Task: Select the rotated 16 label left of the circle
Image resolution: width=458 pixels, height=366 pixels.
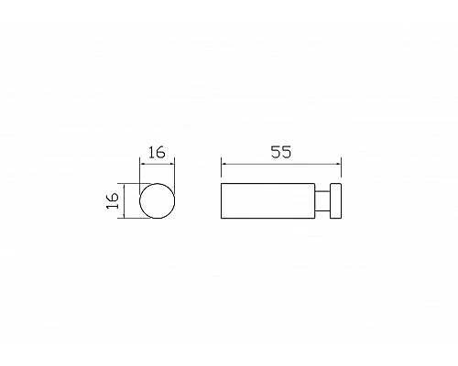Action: (x=112, y=200)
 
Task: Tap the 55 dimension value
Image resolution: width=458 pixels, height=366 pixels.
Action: (x=280, y=153)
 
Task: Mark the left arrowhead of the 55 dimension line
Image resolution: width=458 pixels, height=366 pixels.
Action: (x=224, y=165)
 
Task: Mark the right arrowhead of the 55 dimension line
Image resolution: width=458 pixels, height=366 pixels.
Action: (x=338, y=165)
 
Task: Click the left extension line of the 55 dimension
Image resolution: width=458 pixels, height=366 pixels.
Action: (x=222, y=171)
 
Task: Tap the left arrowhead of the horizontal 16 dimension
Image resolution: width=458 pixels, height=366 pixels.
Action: (x=141, y=165)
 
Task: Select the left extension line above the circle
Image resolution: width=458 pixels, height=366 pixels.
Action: (x=138, y=174)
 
